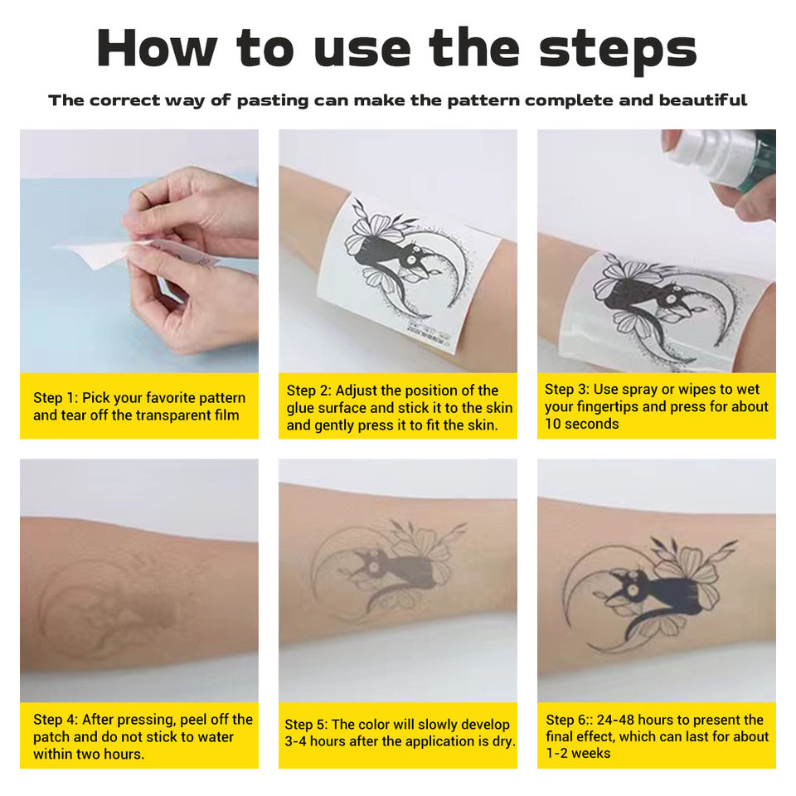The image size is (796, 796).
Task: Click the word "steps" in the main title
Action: (x=618, y=50)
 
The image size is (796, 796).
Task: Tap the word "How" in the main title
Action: (x=157, y=48)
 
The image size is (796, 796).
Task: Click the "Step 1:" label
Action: (x=56, y=397)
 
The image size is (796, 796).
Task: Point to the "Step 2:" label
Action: (x=308, y=391)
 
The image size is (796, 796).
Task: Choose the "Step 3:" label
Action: (x=567, y=390)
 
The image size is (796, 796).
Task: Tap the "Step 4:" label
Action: (x=56, y=720)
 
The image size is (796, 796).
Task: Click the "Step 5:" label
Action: (x=307, y=725)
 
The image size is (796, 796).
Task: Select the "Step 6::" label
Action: (x=569, y=720)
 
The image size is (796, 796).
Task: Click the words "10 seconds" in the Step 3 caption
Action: (x=582, y=424)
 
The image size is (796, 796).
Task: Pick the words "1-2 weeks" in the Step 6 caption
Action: (x=578, y=754)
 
